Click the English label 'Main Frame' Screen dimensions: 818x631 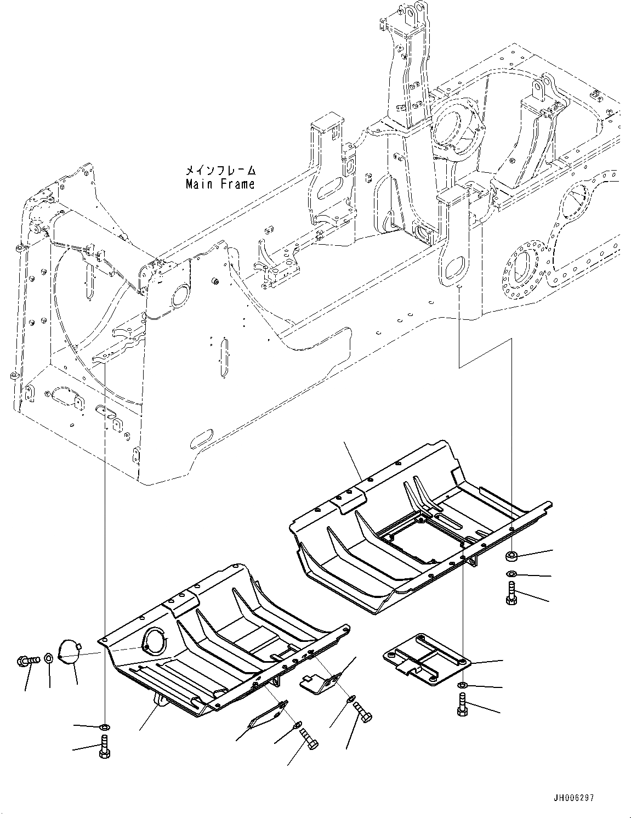[220, 184]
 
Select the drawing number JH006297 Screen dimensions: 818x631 [573, 797]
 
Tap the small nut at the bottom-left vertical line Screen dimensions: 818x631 [104, 727]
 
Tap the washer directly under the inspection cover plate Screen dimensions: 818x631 [462, 686]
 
